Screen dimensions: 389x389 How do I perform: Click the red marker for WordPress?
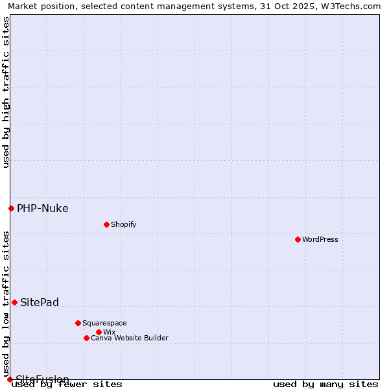(298, 239)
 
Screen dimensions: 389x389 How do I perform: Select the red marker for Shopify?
(106, 224)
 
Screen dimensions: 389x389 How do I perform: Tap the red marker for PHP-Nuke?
(11, 208)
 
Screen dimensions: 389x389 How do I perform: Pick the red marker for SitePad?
(14, 302)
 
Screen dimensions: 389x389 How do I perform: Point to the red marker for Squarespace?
(78, 323)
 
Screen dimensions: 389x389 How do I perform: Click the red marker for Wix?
(99, 332)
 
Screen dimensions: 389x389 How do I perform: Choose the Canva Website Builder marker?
(86, 338)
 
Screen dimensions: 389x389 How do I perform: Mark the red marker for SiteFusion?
(10, 379)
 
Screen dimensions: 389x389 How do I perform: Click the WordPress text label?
(320, 239)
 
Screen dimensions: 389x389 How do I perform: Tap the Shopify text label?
(123, 224)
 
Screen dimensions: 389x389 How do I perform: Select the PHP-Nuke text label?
(42, 208)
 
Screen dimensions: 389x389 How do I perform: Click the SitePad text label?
(40, 302)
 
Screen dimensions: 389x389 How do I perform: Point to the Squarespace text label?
(104, 323)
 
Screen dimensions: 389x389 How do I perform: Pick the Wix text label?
(109, 332)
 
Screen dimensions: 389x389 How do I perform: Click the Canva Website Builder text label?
(130, 338)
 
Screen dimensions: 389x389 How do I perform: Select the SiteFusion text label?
(42, 379)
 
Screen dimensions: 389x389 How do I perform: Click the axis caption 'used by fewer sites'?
(67, 384)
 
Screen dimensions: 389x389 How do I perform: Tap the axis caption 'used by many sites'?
(325, 384)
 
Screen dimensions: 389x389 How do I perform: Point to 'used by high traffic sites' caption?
(6, 92)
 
